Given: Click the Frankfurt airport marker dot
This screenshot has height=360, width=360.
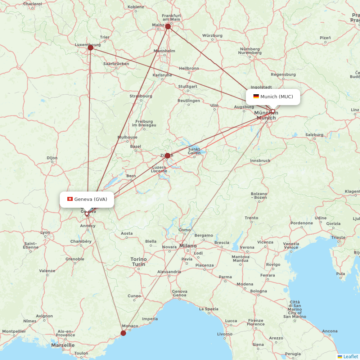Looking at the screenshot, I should point(168,26).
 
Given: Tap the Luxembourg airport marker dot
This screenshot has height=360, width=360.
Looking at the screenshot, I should point(90,48).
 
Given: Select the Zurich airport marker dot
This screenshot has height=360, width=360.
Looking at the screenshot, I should point(167,156).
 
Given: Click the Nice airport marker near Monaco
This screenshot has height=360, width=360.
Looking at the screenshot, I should point(123,333).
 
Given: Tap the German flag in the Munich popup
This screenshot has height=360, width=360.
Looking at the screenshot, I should point(256,96).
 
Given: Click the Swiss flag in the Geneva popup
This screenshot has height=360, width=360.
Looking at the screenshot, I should point(70,199).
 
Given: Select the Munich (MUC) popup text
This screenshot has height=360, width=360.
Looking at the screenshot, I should point(276,96).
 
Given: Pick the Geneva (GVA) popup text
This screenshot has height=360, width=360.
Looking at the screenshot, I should point(90,199).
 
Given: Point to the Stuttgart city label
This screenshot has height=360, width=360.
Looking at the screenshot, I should point(188,86).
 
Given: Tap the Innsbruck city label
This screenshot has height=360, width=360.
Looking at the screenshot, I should point(260,161).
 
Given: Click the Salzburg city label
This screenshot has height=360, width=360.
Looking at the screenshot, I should point(314,135).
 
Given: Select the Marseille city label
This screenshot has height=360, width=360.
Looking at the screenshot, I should point(63,345).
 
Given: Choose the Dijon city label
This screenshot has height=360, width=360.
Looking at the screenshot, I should point(52,158).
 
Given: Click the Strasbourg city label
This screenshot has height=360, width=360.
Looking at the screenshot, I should point(141,96).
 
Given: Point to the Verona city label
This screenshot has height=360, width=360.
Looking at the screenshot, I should point(247,247).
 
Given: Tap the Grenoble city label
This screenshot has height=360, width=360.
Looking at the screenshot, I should point(75,259).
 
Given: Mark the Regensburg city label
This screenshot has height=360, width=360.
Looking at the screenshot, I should point(283,75).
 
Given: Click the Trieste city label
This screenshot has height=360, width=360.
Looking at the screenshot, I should point(338,237).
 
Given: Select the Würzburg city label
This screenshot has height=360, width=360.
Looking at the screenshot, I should point(212,36).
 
